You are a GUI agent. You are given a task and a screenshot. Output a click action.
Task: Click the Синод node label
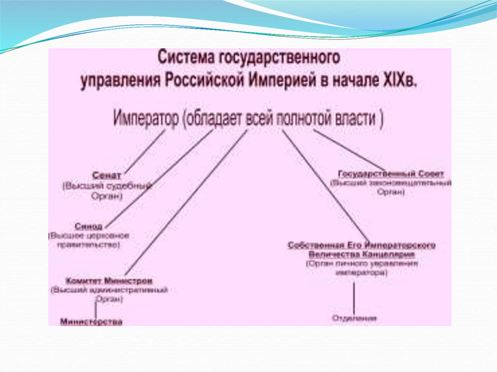(89, 226)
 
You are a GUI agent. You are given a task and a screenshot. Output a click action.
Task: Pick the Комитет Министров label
(109, 281)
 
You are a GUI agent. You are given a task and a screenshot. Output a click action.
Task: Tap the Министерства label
(91, 321)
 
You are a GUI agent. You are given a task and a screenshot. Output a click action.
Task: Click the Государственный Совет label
(391, 174)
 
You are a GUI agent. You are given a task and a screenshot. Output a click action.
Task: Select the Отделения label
(354, 319)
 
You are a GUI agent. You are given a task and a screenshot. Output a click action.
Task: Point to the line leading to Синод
(160, 179)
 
